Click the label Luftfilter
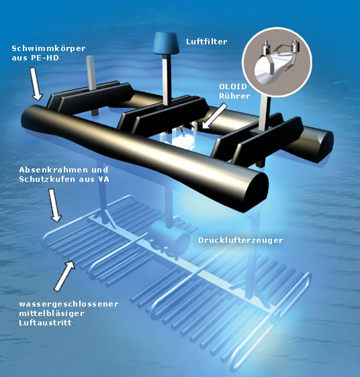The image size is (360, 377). pyautogui.click(x=207, y=42)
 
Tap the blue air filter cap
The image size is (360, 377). pyautogui.click(x=166, y=43)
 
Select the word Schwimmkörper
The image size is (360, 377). pyautogui.click(x=48, y=48)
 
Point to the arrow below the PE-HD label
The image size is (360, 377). pyautogui.click(x=36, y=83)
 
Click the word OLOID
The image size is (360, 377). pyautogui.click(x=233, y=87)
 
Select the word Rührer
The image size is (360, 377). pyautogui.click(x=234, y=96)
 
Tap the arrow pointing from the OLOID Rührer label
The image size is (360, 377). pyautogui.click(x=214, y=116)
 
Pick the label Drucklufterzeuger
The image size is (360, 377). pyautogui.click(x=240, y=240)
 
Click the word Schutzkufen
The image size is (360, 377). pyautogui.click(x=47, y=179)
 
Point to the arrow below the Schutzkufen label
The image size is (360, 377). pyautogui.click(x=55, y=205)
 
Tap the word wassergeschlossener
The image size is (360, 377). pyautogui.click(x=69, y=304)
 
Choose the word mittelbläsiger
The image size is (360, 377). pyautogui.click(x=52, y=313)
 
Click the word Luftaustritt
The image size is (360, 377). pyautogui.click(x=45, y=323)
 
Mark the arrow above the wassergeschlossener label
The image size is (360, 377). pyautogui.click(x=64, y=276)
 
